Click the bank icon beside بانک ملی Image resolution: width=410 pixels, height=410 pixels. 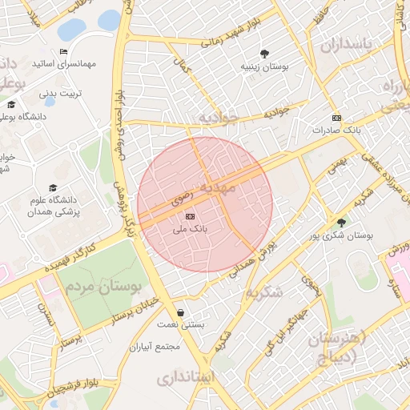point(190,216)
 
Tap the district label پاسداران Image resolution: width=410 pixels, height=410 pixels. point(348,45)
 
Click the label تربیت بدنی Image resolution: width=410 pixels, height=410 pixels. point(62,93)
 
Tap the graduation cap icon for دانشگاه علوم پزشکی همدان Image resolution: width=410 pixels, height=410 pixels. point(53,187)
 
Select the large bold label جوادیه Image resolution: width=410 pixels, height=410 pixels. point(218,118)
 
